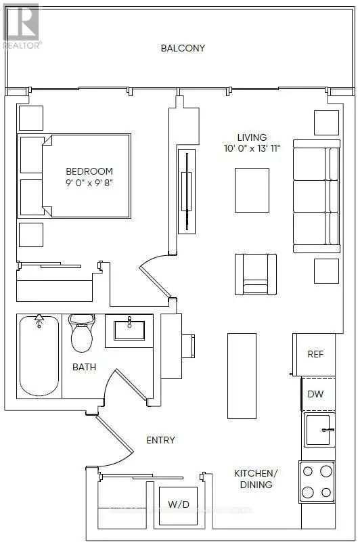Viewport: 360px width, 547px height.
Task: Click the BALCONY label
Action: click(x=183, y=48)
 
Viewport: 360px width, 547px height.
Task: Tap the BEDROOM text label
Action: click(x=89, y=171)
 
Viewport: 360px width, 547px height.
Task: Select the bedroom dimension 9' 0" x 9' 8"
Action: click(x=89, y=183)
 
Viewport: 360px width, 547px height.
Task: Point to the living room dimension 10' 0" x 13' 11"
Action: click(x=252, y=148)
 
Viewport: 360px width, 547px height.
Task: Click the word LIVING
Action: click(x=252, y=137)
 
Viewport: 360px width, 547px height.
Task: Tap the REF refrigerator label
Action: click(x=315, y=354)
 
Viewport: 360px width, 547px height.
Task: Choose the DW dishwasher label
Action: click(x=316, y=394)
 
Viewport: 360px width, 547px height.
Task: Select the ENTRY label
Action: click(x=160, y=440)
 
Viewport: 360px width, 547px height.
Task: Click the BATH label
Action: click(x=84, y=367)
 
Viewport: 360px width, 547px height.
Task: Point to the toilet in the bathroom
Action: click(x=82, y=333)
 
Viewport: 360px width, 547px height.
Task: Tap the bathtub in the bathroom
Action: click(x=39, y=355)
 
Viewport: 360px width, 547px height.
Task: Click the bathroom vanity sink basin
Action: click(x=129, y=330)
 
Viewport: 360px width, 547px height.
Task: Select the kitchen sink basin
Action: click(x=318, y=430)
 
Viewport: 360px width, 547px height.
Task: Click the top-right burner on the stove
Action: click(x=326, y=471)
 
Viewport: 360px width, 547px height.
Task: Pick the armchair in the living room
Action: click(x=256, y=274)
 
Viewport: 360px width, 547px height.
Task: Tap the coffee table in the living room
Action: click(x=252, y=190)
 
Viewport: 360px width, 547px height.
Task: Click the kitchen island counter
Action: click(x=242, y=376)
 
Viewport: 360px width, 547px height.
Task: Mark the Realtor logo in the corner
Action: click(x=22, y=26)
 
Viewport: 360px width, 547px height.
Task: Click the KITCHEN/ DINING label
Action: click(x=256, y=479)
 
